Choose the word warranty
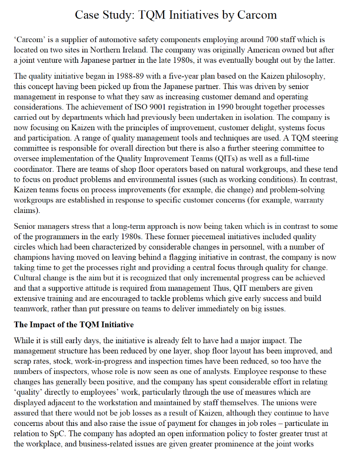pyautogui.click(x=308, y=199)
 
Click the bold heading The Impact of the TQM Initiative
pyautogui.click(x=74, y=325)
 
